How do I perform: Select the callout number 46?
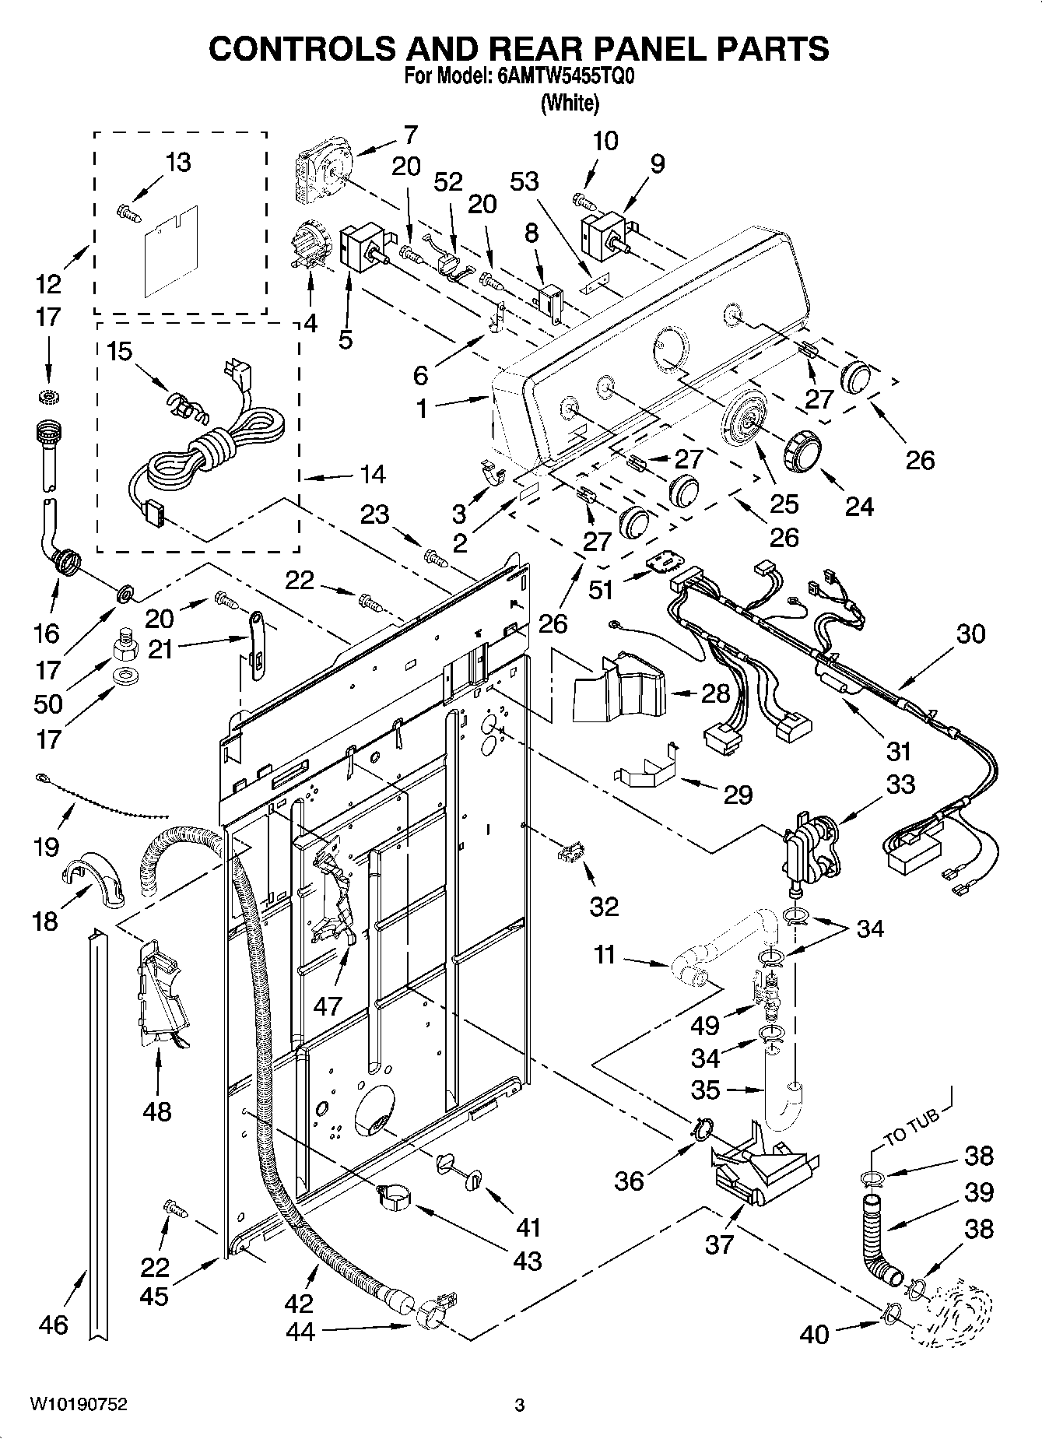pyautogui.click(x=53, y=1324)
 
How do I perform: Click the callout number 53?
pyautogui.click(x=525, y=181)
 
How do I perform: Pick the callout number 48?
pyautogui.click(x=157, y=1111)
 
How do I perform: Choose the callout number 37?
pyautogui.click(x=720, y=1244)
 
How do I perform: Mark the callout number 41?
pyautogui.click(x=528, y=1227)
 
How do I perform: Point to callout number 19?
pyautogui.click(x=47, y=847)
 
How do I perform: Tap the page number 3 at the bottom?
pyautogui.click(x=519, y=1405)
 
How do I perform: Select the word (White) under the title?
pyautogui.click(x=570, y=102)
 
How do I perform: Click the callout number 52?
pyautogui.click(x=448, y=181)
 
